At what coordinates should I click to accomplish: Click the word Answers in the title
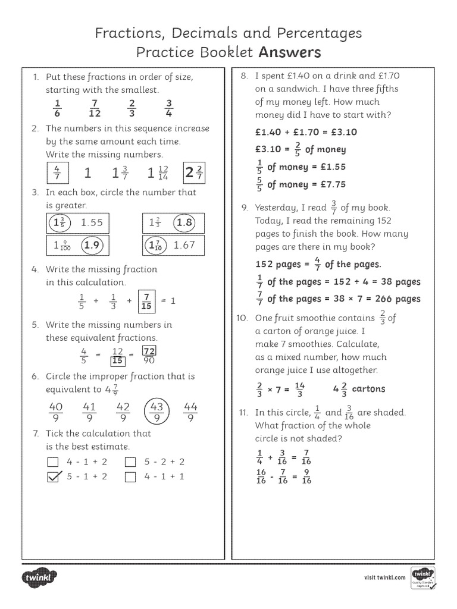289,52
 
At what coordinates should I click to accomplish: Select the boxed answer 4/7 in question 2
57,173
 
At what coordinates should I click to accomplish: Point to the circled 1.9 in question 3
91,245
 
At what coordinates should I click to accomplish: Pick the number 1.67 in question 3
184,245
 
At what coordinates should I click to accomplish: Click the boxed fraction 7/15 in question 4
146,301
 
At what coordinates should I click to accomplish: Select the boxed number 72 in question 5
149,351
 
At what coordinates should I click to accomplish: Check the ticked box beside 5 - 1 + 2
54,476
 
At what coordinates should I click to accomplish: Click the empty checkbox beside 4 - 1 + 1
130,476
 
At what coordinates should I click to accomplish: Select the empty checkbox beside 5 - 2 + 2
130,462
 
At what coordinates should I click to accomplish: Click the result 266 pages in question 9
393,299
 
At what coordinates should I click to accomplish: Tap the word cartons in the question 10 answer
368,389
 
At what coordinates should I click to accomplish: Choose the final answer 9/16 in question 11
306,476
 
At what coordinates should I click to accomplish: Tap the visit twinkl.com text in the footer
384,577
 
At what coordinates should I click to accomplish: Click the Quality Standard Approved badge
423,577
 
